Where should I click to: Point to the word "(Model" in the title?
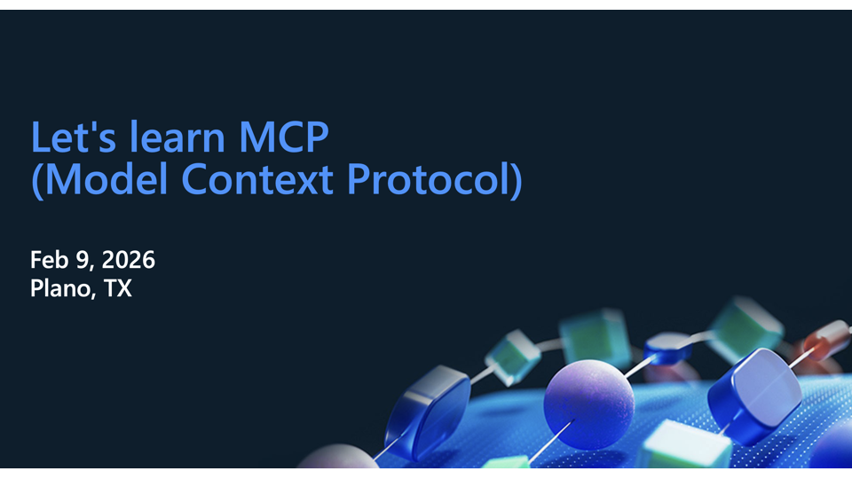tap(98, 180)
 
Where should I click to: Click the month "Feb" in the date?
tap(50, 260)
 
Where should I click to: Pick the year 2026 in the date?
tap(128, 260)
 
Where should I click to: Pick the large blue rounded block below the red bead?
tap(755, 394)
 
